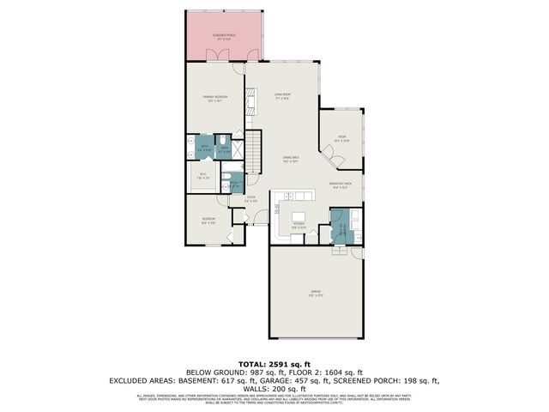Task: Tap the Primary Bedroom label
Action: [214, 99]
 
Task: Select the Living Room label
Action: [282, 95]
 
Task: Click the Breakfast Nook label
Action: [340, 184]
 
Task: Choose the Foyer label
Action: [251, 199]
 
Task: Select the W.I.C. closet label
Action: [204, 177]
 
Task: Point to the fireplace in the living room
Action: [251, 106]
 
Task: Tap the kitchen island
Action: [299, 215]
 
